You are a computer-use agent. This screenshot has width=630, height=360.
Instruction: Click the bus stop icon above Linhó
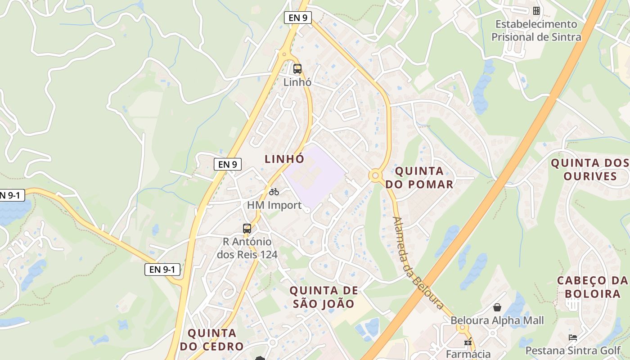[x=297, y=69]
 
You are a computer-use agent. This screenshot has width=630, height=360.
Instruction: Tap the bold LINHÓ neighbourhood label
[x=284, y=159]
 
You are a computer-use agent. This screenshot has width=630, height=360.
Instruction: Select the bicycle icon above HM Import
[x=274, y=192]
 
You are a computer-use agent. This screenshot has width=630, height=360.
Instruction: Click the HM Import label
[x=274, y=205]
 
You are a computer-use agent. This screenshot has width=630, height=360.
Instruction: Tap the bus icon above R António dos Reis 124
[x=247, y=228]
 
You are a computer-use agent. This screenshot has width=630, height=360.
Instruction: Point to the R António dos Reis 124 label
[x=247, y=248]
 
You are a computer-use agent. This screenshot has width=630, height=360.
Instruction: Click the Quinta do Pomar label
[x=419, y=177]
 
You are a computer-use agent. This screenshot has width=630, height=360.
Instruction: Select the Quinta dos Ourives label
[x=590, y=169]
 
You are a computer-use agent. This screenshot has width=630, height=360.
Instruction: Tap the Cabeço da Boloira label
[x=593, y=287]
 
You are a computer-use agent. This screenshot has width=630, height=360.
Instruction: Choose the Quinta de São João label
[x=324, y=297]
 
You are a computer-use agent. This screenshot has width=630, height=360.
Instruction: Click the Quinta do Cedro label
[x=211, y=340]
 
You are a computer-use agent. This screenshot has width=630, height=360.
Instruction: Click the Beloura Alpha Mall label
[x=497, y=320]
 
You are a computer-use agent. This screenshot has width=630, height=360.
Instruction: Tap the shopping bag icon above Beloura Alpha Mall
[x=497, y=307]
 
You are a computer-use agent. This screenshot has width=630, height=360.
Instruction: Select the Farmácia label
[x=468, y=353]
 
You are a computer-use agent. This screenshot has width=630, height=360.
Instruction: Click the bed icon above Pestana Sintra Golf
[x=572, y=337]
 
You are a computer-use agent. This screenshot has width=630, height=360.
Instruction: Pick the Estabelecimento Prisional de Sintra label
[x=536, y=31]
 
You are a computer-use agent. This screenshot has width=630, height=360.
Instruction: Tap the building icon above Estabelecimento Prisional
[x=536, y=10]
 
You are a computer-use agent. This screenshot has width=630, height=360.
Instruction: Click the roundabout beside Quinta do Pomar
[x=375, y=175]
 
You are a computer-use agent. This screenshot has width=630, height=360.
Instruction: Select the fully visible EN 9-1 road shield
[x=162, y=270]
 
